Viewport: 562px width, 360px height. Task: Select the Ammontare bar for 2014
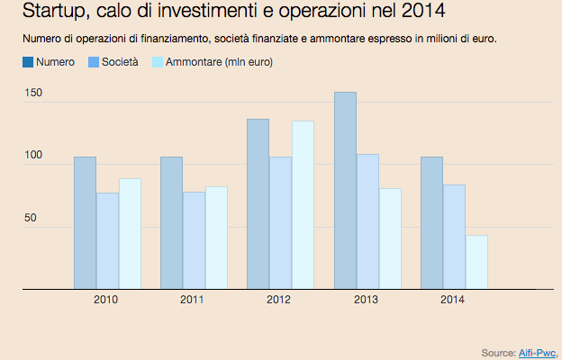coord(476,262)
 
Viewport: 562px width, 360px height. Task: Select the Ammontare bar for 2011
coord(216,238)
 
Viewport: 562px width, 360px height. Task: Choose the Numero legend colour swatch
coord(27,63)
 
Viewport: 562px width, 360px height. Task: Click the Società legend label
coord(120,63)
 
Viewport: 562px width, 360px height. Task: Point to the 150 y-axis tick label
coord(33,94)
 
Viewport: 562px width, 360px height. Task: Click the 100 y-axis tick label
coord(33,157)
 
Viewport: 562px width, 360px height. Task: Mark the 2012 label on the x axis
coord(278,300)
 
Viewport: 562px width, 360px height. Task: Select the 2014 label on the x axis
coord(452,300)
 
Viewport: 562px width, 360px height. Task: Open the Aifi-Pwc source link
coord(539,352)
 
